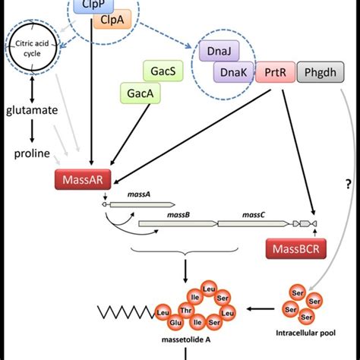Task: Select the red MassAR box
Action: click(x=77, y=180)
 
